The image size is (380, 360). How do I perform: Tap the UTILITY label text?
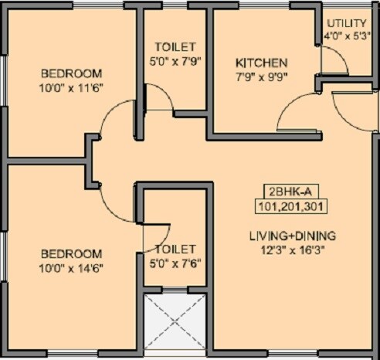point(347,22)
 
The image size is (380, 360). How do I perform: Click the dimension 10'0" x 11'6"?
point(71,88)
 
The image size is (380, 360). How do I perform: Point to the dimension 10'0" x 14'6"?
point(71,267)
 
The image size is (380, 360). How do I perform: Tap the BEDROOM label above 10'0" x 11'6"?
point(71,74)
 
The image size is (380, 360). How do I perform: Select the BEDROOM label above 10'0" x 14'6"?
point(71,253)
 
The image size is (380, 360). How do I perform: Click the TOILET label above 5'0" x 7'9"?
point(175,46)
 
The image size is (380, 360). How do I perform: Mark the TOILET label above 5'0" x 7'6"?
point(176,250)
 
